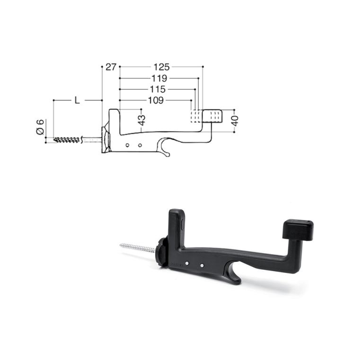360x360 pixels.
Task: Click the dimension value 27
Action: point(111,67)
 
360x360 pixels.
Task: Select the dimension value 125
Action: point(161,67)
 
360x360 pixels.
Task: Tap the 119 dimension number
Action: point(159,79)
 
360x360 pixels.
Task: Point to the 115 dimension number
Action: point(158,89)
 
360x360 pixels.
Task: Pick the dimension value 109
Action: point(156,100)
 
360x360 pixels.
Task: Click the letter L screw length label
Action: point(77,100)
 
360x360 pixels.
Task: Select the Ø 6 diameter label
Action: point(40,127)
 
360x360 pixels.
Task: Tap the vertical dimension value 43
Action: point(142,120)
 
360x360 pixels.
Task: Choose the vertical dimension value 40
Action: point(235,121)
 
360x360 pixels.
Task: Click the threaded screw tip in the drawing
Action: point(67,140)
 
